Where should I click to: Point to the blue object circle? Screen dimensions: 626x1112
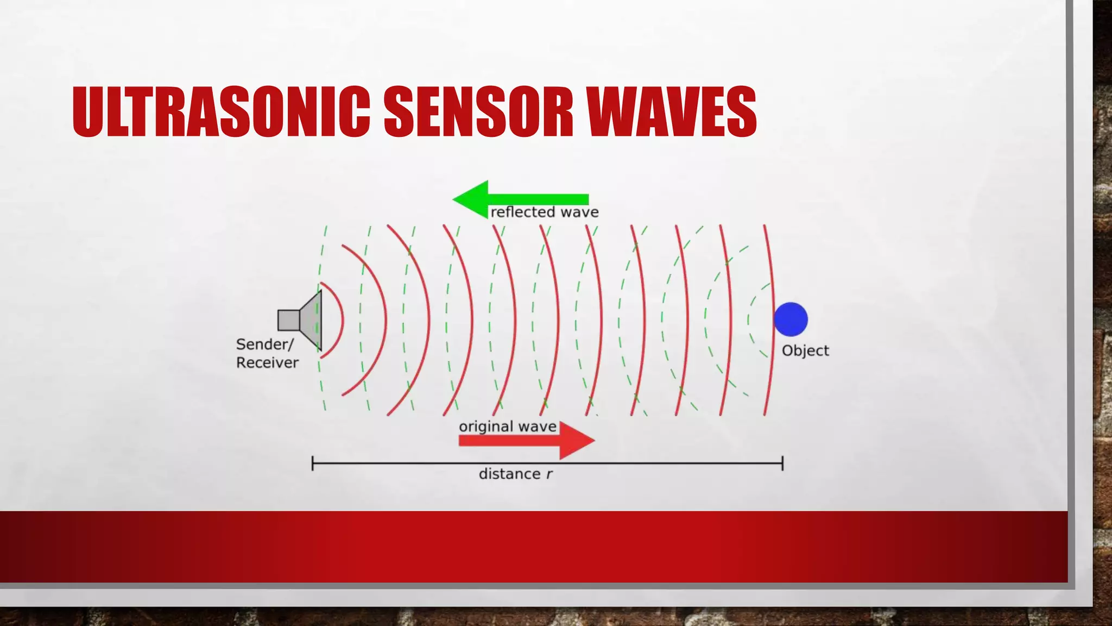[791, 320]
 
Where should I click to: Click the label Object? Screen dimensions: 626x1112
[805, 351]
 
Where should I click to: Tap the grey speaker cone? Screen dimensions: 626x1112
[312, 320]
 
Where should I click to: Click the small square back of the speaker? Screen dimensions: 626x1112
[288, 320]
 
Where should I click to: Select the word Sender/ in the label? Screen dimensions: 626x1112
[265, 345]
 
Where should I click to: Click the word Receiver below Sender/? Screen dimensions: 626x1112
[267, 363]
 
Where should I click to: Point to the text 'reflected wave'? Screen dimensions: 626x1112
[545, 212]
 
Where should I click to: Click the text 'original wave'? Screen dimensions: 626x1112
[508, 427]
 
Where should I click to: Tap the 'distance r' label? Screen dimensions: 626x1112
[515, 474]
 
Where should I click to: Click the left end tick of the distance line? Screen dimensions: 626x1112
[313, 464]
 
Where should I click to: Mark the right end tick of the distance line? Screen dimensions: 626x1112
[782, 464]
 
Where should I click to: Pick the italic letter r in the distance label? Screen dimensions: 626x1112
[549, 474]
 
